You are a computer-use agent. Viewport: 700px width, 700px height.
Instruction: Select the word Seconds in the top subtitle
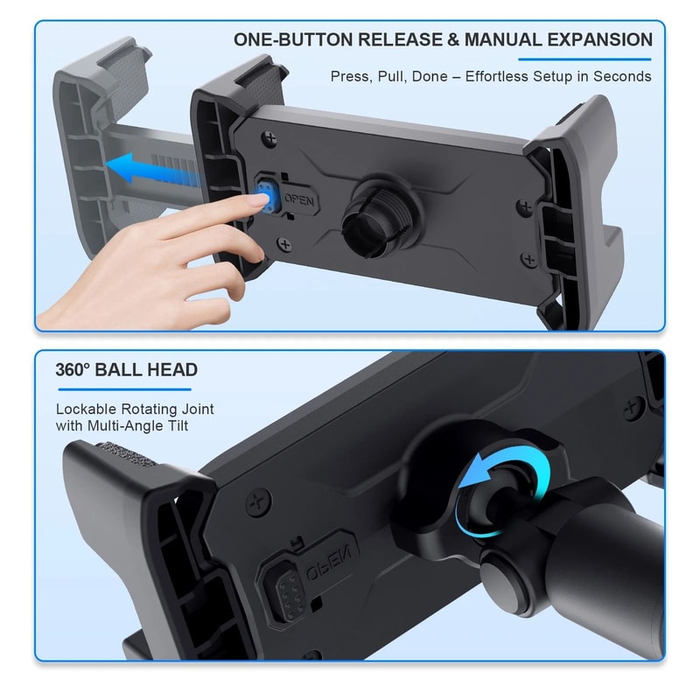point(622,76)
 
